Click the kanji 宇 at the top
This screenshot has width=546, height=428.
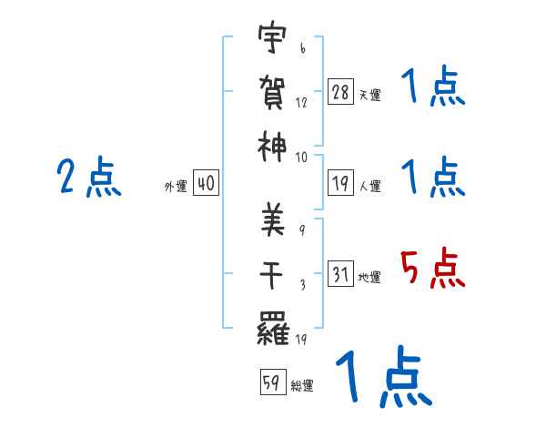tap(272, 40)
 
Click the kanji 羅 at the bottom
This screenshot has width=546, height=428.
tap(272, 326)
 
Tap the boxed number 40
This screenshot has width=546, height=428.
tap(206, 184)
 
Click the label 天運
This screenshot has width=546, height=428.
tap(369, 95)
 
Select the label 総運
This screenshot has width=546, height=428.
tap(301, 385)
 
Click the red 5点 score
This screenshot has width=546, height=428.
tap(432, 268)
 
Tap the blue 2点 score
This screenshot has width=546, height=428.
tap(88, 177)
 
